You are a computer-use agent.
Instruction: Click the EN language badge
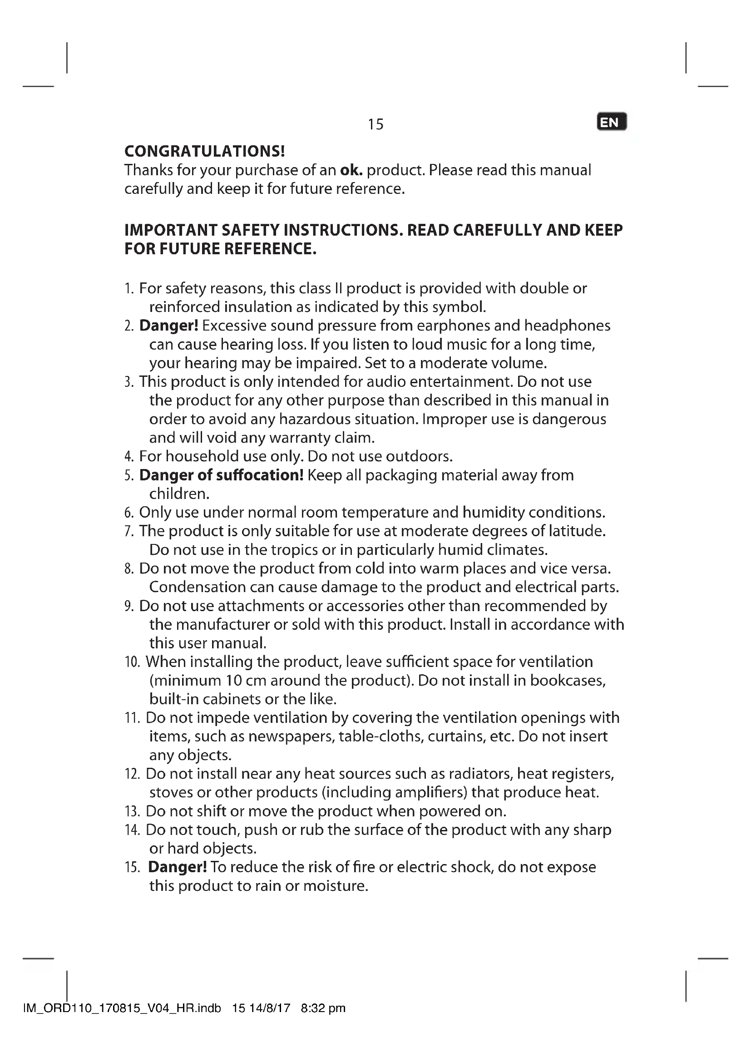click(611, 122)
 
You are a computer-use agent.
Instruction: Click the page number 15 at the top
click(375, 124)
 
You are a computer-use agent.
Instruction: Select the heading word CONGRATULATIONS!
click(204, 151)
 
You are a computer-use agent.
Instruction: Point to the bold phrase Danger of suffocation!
click(221, 475)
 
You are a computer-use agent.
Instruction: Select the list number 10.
click(132, 662)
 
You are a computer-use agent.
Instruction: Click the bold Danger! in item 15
click(177, 867)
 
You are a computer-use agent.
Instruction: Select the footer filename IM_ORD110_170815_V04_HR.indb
click(122, 1008)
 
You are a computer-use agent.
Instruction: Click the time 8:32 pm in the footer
click(323, 1008)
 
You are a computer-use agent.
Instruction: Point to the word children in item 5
click(179, 494)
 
